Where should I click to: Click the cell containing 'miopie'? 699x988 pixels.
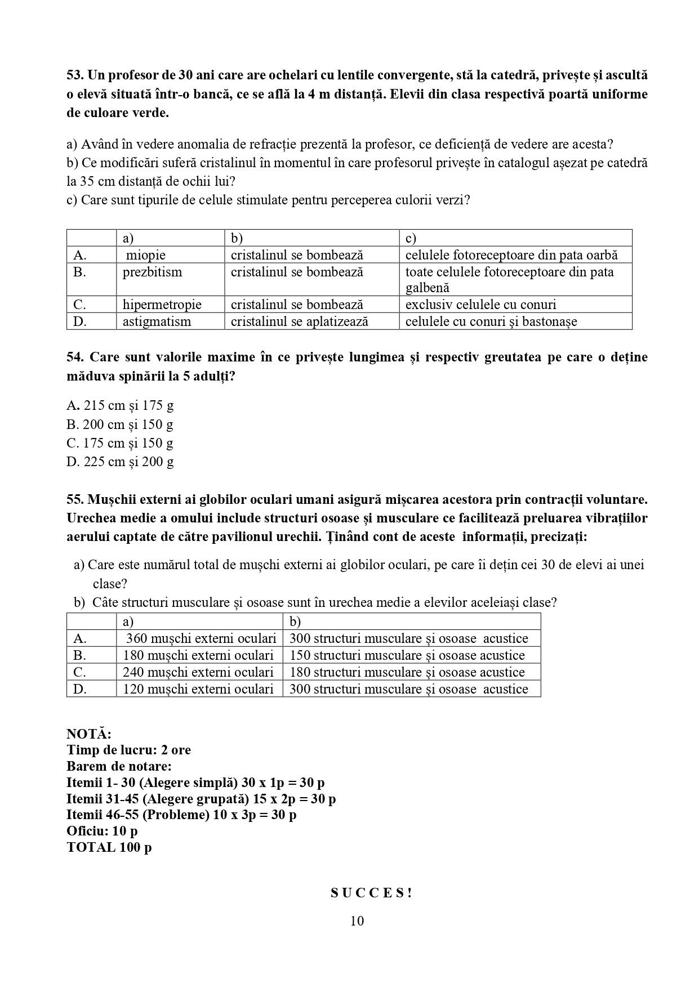(146, 255)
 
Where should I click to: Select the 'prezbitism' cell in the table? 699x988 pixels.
(153, 272)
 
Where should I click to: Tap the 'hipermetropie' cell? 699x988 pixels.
(162, 305)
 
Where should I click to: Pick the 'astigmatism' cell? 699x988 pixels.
(157, 321)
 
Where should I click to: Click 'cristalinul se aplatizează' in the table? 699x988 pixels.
(299, 321)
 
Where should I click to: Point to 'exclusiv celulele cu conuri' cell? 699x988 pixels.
(480, 305)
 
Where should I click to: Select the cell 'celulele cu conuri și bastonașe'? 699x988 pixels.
(491, 321)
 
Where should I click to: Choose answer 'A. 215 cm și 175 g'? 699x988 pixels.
(120, 405)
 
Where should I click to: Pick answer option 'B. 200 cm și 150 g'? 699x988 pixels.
(119, 424)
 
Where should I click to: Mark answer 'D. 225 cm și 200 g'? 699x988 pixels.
(120, 462)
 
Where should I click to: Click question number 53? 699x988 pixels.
(75, 75)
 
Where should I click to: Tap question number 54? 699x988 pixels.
(75, 357)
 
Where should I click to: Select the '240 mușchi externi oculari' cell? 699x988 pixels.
(198, 672)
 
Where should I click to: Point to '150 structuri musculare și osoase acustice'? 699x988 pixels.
(407, 655)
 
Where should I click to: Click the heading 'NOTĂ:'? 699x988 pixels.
(89, 734)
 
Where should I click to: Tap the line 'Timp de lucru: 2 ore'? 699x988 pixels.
(128, 750)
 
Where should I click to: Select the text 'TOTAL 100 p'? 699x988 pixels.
(109, 847)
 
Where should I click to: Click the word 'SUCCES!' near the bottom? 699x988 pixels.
(371, 893)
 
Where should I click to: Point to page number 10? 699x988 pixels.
(357, 921)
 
